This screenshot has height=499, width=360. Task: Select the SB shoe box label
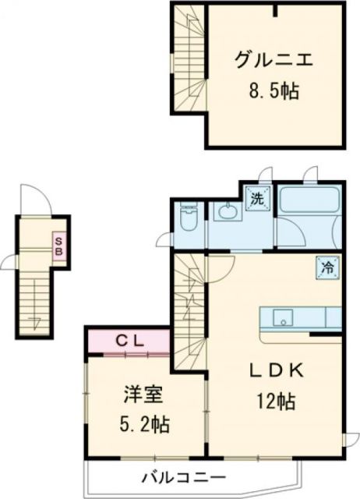click(x=58, y=246)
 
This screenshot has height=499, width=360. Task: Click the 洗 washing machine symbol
click(x=257, y=198)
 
